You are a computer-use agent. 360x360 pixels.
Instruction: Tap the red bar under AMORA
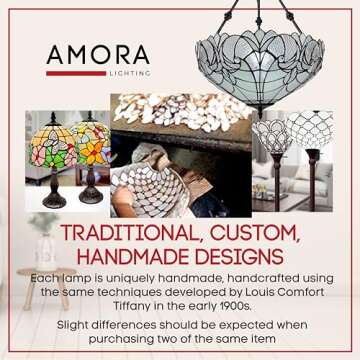[75, 72]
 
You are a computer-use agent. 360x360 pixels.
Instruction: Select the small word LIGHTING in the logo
[130, 73]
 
